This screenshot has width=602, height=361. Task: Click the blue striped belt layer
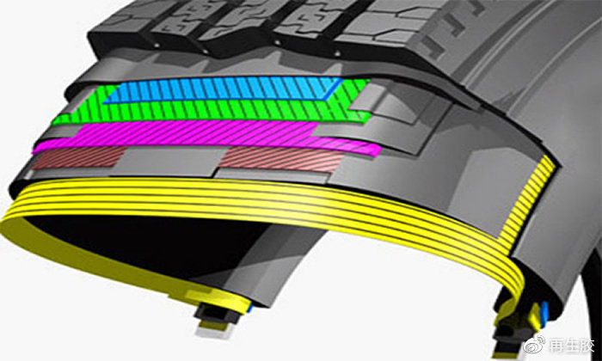point(223,89)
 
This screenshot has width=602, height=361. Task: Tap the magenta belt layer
point(207,136)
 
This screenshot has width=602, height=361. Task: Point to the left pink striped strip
point(79,157)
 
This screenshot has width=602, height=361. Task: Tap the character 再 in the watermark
point(556,346)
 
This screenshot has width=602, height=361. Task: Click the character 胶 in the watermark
point(587,346)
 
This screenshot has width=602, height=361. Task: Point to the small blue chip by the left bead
point(250,308)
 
